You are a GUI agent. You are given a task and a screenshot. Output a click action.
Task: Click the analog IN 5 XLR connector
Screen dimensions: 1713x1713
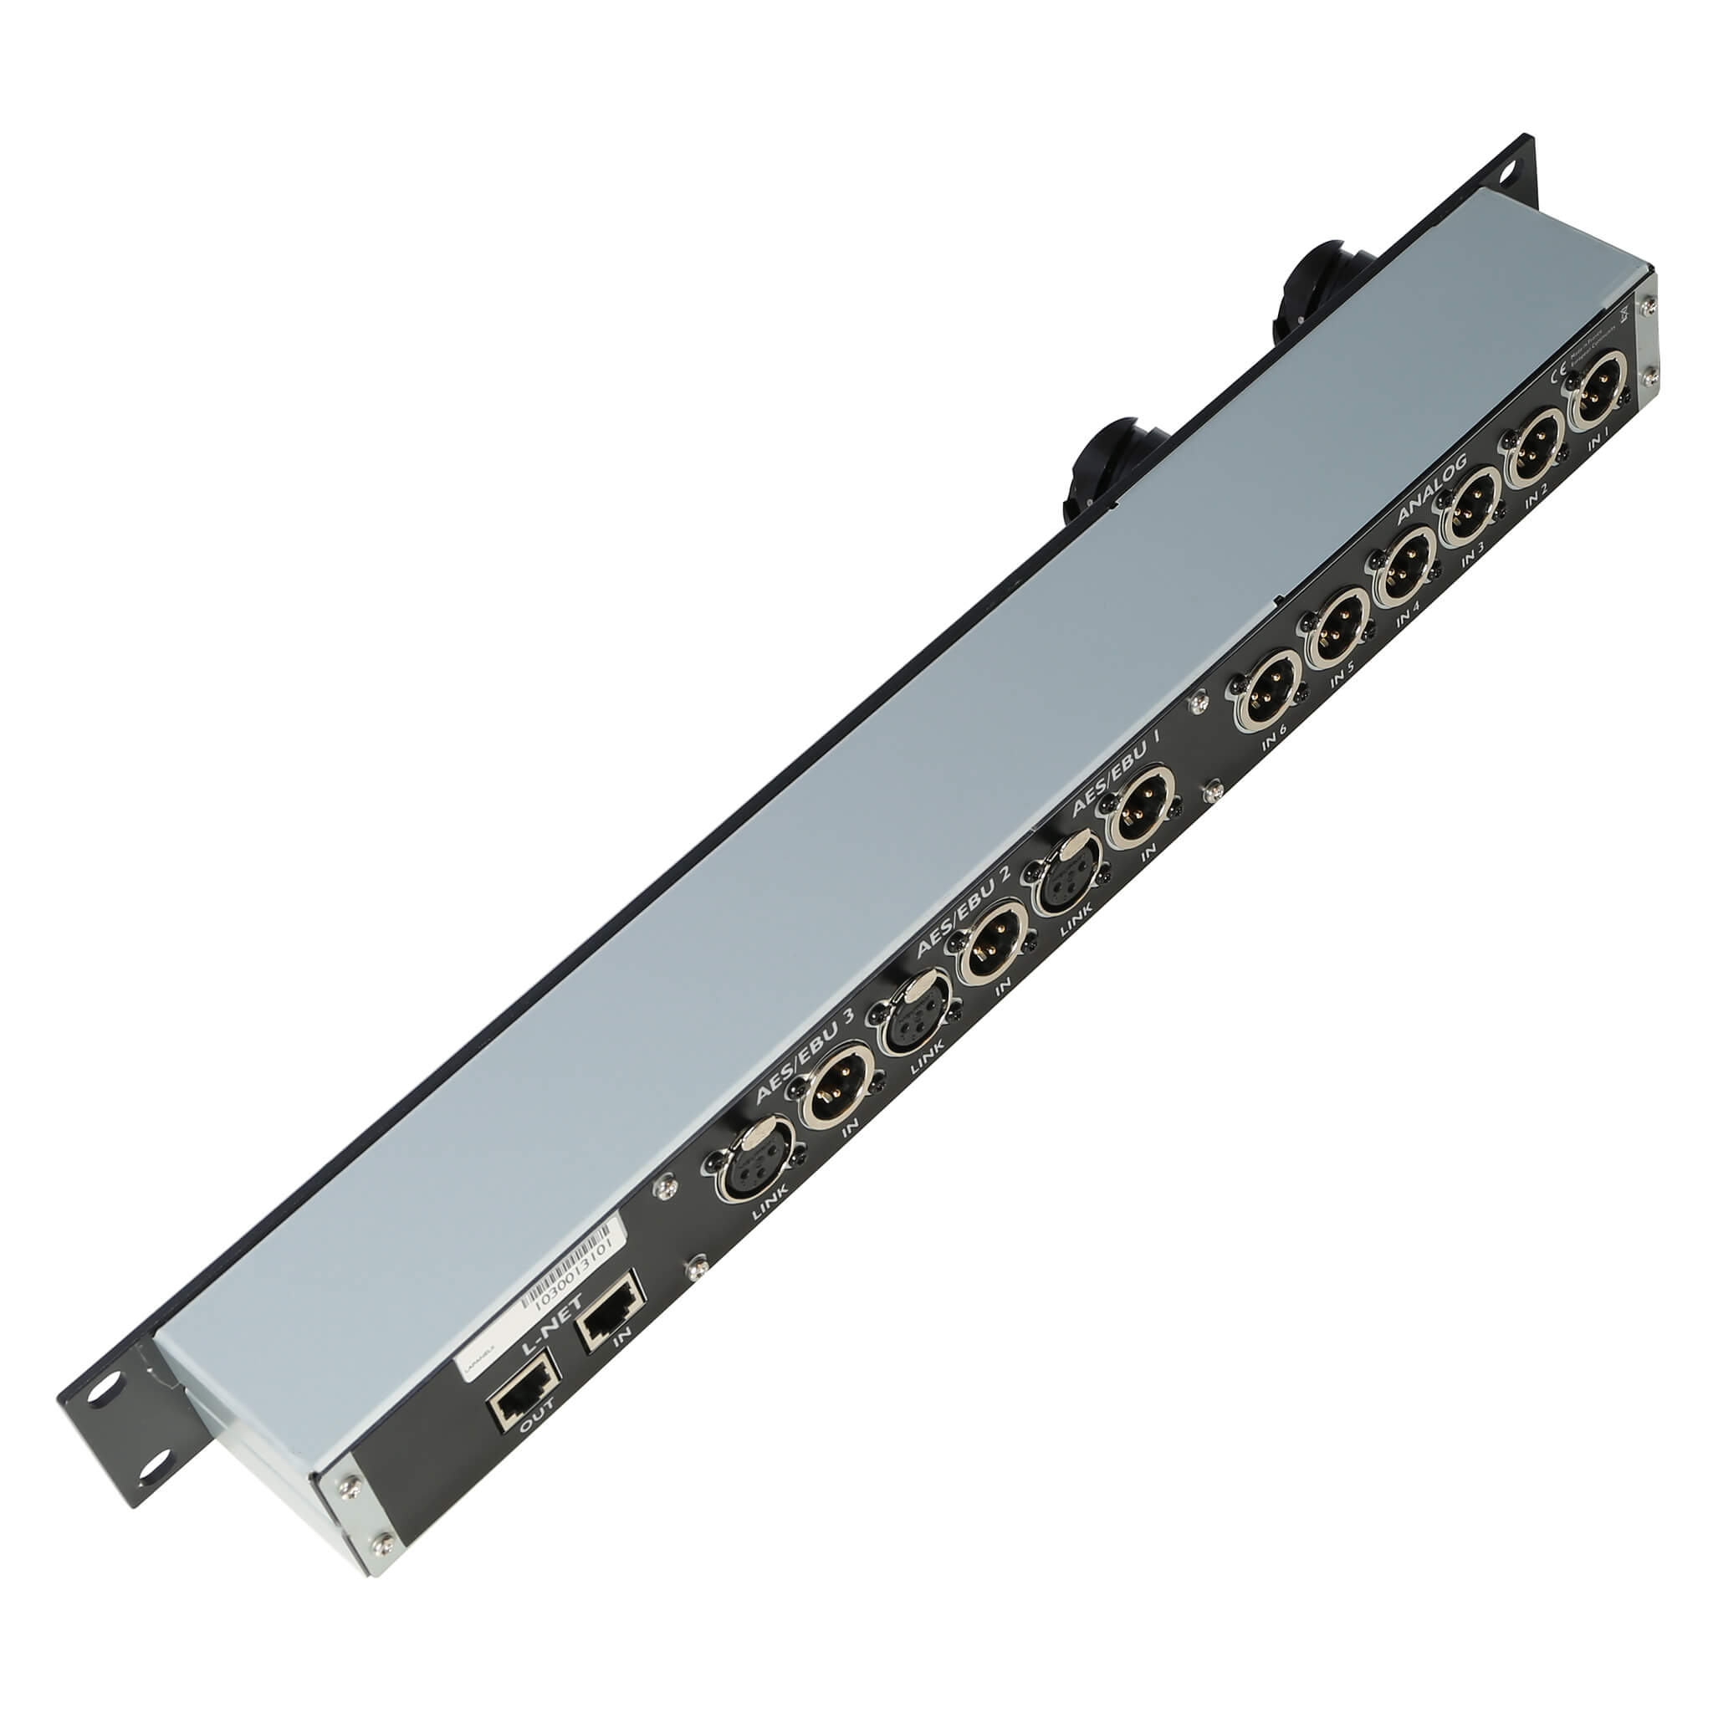click(1338, 626)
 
